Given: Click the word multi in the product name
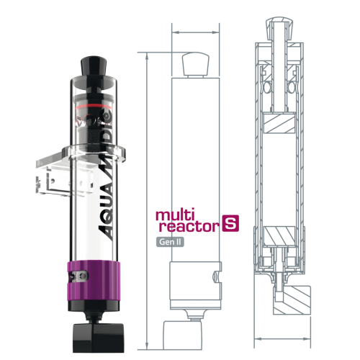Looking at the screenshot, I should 174,214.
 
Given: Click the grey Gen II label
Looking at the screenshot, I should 171,243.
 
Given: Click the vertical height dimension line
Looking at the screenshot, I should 146,202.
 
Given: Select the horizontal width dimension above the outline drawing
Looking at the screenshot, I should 194,32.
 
